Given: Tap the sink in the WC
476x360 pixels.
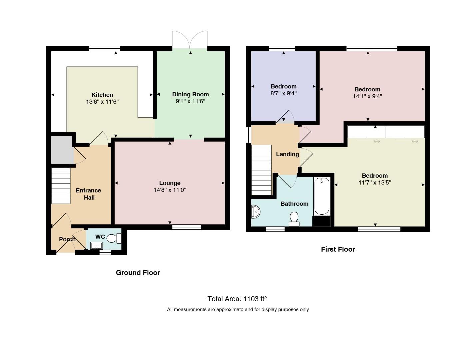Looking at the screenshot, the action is [96, 246].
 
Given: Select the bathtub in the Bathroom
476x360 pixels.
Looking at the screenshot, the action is [322, 196].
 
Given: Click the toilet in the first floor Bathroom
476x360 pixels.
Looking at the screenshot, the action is [294, 219].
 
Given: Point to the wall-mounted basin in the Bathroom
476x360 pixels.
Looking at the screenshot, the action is [255, 211].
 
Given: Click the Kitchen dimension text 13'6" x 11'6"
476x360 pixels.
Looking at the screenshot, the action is [102, 101].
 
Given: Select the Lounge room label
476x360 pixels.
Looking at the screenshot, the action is [170, 183].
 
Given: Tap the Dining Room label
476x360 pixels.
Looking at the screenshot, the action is [190, 94].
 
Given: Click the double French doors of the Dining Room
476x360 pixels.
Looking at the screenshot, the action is [190, 40].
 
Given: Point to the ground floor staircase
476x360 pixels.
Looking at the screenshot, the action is [61, 186].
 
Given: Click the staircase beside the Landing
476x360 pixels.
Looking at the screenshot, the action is [261, 170].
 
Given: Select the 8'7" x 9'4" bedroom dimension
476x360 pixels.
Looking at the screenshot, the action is [284, 93].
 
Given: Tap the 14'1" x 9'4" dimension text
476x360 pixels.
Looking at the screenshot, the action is [367, 96].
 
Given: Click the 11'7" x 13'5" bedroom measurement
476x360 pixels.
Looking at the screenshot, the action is [375, 183].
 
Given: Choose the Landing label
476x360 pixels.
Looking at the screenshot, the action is [287, 154].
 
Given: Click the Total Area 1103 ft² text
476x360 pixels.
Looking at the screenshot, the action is [237, 299].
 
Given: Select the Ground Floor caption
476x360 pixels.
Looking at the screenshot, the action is [138, 273].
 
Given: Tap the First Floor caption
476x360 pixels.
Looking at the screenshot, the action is [338, 249].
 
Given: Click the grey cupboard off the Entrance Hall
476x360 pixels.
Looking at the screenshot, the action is [62, 150].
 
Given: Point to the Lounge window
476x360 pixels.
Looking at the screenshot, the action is [186, 227].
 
